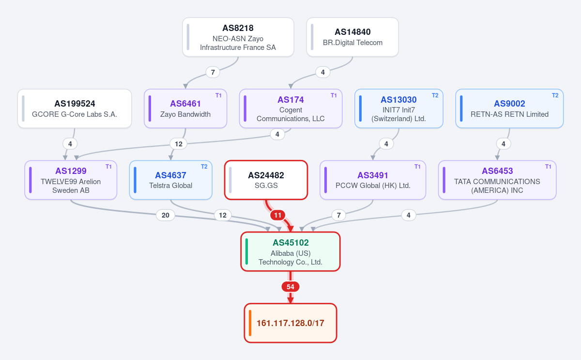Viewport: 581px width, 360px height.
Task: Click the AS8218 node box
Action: [238, 37]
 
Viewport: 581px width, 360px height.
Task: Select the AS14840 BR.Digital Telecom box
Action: [352, 37]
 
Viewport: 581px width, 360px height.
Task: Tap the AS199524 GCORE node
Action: [75, 109]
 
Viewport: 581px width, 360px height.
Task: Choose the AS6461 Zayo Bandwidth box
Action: [185, 109]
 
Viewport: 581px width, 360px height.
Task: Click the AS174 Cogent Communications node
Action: [291, 109]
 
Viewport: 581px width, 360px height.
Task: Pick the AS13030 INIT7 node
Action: [399, 109]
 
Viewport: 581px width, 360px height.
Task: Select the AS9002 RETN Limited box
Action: [509, 109]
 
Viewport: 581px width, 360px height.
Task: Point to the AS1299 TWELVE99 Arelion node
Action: [71, 180]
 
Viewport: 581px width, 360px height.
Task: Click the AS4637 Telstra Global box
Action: [170, 180]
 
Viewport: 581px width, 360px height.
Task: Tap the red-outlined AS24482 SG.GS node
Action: [266, 180]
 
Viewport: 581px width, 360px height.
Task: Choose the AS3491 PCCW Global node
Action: [373, 180]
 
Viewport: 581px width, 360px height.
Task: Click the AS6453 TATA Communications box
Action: [497, 180]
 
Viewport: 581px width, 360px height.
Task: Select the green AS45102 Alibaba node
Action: [290, 251]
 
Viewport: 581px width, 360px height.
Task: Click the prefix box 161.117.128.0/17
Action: [290, 323]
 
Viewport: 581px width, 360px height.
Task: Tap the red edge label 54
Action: [290, 287]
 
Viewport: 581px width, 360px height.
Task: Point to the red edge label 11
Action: [278, 215]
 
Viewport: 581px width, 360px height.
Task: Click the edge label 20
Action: [166, 215]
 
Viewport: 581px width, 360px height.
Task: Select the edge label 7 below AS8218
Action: [213, 72]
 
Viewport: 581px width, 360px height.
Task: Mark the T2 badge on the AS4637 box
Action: [204, 167]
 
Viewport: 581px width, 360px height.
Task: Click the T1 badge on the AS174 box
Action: [334, 95]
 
